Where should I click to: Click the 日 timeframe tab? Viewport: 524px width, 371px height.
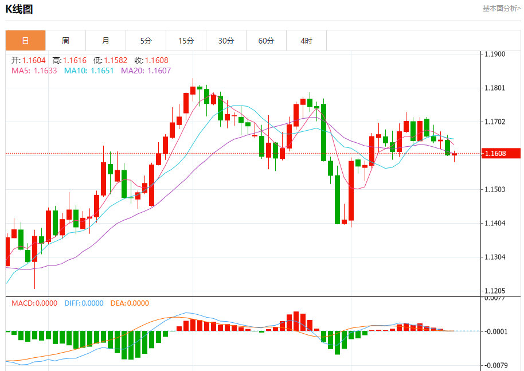25,41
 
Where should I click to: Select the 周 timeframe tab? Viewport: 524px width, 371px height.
65,41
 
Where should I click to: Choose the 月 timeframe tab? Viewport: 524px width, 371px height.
105,41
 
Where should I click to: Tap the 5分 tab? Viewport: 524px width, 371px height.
146,41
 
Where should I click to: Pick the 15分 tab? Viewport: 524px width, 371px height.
186,41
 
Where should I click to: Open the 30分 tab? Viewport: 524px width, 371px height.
226,41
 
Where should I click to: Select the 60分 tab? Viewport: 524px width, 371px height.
266,41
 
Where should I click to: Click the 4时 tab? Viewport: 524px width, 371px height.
306,41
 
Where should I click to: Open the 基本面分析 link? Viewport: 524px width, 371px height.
501,9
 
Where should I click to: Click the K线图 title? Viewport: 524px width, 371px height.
19,9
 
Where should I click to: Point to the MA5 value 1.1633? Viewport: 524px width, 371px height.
45,71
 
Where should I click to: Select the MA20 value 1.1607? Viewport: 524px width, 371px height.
159,71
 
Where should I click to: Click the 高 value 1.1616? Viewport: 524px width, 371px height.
75,60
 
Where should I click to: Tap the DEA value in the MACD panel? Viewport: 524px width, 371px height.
138,303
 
